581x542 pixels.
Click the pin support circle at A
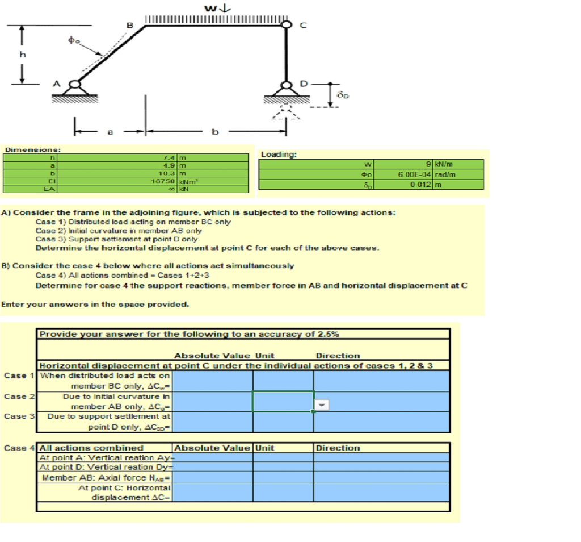click(x=74, y=86)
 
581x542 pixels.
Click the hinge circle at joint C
click(x=288, y=24)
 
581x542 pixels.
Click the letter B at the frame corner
click(x=129, y=25)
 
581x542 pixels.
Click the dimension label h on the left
click(x=23, y=55)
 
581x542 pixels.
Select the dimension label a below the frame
click(x=110, y=132)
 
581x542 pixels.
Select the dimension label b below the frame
click(x=214, y=132)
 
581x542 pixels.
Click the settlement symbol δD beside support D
click(x=343, y=97)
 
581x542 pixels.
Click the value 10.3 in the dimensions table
click(x=169, y=172)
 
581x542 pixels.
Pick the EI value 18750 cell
click(x=166, y=179)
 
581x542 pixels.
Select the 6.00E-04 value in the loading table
click(x=414, y=174)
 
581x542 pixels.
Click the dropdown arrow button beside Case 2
click(x=321, y=405)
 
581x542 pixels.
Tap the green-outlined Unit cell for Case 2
click(x=283, y=401)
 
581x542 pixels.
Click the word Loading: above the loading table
click(x=278, y=154)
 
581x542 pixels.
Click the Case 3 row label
click(x=16, y=416)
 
